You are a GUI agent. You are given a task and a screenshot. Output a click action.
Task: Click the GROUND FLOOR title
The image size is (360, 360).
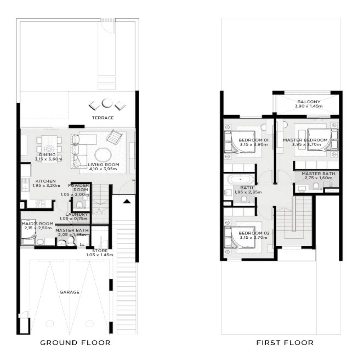(x=75, y=342)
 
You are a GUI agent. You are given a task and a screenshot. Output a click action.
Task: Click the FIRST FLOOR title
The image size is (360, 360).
(x=285, y=342)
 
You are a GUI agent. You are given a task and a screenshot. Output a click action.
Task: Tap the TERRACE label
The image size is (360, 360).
(x=103, y=118)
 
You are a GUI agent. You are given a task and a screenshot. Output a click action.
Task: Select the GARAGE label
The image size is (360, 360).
(x=69, y=292)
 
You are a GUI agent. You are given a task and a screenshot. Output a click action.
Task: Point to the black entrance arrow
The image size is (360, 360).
(x=126, y=202)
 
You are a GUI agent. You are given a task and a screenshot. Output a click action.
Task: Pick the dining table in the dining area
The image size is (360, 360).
(x=49, y=149)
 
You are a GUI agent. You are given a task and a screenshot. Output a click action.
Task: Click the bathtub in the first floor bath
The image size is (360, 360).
(x=240, y=180)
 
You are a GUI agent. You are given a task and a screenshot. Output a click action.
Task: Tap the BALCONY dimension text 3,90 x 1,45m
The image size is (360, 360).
(x=309, y=107)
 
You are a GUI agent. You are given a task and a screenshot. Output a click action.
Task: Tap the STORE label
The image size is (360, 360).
(x=99, y=251)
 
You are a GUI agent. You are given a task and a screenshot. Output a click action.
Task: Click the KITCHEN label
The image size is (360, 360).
(x=45, y=181)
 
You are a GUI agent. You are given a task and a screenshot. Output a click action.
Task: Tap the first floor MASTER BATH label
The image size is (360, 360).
(x=318, y=174)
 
